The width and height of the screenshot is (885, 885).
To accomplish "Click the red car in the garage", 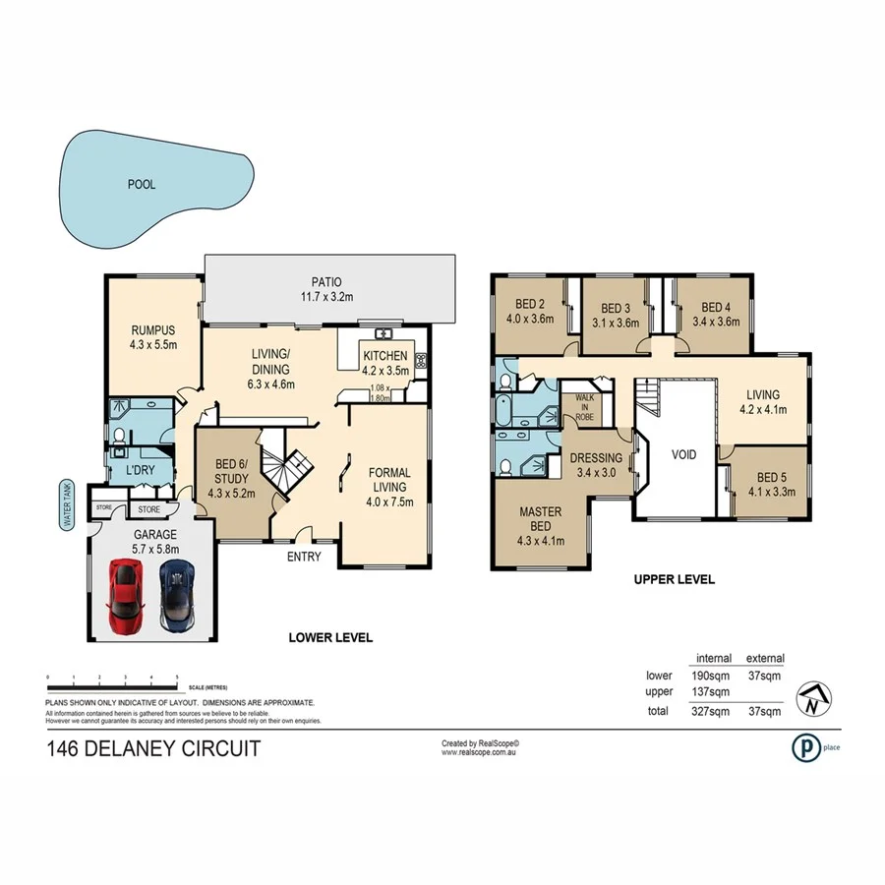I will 124,596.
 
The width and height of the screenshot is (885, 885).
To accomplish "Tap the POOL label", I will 142,184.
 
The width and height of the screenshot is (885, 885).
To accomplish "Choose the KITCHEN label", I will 385,363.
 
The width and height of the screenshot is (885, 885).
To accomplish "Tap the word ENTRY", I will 304,558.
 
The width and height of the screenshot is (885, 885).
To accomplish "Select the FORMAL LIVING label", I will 388,487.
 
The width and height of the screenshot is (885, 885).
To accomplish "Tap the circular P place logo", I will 804,747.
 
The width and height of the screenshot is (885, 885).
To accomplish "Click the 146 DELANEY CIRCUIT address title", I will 153,748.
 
